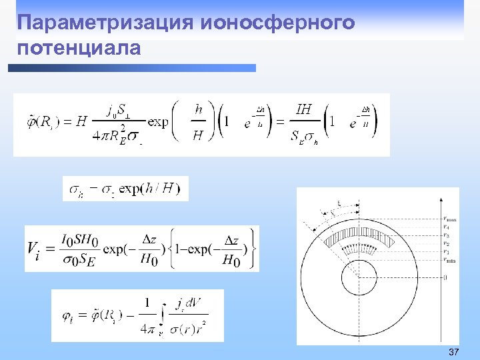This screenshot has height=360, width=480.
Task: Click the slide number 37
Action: [454, 351]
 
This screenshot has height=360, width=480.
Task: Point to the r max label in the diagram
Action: [451, 219]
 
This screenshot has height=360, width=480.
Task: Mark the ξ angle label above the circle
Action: [339, 203]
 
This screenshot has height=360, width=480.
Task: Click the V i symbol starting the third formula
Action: [34, 248]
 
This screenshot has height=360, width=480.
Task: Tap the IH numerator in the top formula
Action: [303, 109]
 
